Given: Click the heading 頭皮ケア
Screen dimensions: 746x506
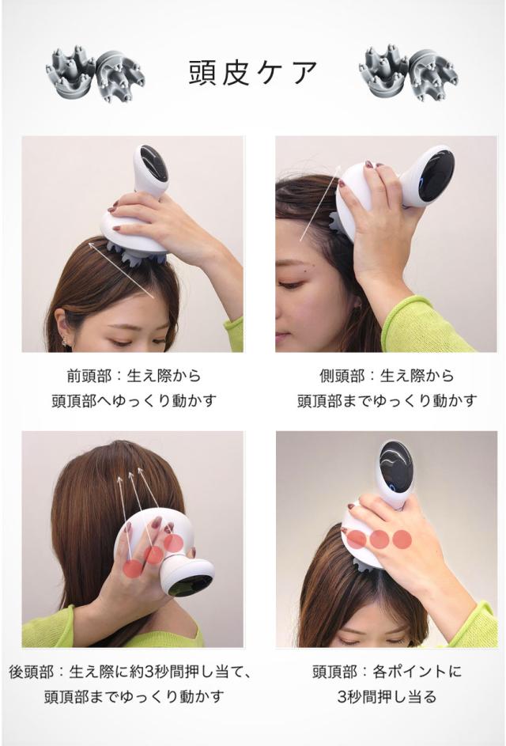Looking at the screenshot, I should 253,72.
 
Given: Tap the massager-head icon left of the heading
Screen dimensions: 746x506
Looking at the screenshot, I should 93,74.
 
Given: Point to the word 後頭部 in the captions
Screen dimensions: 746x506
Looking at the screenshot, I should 31,672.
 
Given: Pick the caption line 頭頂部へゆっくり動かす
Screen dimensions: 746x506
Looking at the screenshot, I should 133,400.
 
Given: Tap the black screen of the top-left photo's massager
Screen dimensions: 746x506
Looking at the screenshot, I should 153,164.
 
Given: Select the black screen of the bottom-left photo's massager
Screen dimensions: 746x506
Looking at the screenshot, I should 190,584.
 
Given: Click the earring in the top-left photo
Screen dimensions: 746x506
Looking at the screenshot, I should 66,343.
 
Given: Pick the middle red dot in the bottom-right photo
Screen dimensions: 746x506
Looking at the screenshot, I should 380,540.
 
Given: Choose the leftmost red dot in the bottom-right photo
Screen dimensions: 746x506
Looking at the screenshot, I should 357,540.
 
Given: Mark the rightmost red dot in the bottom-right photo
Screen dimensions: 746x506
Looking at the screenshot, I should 402,540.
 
